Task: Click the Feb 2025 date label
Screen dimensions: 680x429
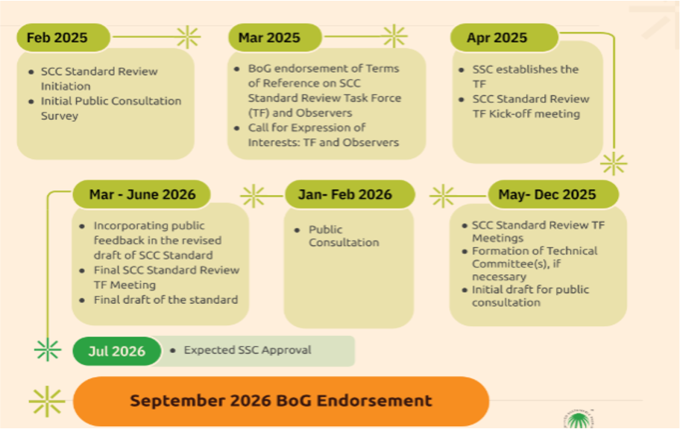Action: [63, 38]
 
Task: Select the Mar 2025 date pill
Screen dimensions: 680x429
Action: [275, 38]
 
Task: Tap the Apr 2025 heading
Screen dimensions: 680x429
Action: [504, 38]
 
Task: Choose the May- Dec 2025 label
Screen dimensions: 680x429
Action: [553, 194]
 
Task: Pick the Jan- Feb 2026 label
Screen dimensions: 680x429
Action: [350, 194]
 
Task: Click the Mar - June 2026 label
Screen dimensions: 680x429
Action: [142, 194]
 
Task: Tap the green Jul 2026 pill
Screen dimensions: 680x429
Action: [116, 351]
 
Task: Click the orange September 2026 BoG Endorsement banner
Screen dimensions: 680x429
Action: [281, 401]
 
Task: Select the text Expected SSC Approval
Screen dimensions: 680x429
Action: [248, 350]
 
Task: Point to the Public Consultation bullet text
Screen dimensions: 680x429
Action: [344, 236]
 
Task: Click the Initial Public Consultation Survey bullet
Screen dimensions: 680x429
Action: [110, 108]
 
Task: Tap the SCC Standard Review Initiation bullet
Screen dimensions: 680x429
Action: [99, 78]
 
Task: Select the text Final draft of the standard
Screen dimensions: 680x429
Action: [166, 300]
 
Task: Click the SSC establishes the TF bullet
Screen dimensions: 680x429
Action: [525, 76]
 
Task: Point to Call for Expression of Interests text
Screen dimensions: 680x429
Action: [323, 135]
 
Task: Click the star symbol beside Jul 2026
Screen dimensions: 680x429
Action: [47, 350]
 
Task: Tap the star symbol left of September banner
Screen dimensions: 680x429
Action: [47, 401]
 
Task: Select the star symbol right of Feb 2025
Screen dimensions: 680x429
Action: [188, 36]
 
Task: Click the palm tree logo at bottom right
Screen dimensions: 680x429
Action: [579, 419]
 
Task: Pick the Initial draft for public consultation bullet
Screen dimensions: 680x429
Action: [530, 296]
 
